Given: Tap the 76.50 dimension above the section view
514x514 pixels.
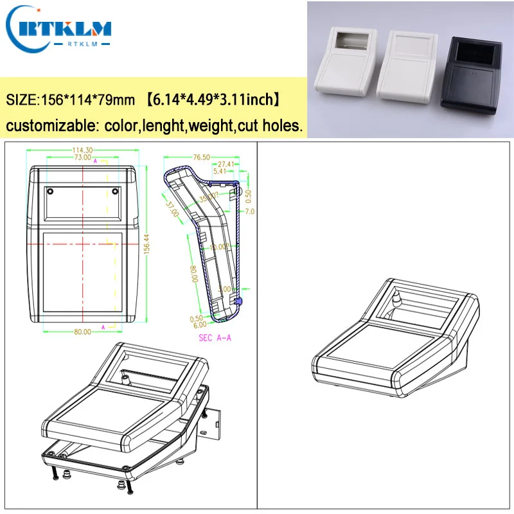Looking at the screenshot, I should pos(202,156).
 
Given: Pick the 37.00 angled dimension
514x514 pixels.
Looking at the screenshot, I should pos(172,208).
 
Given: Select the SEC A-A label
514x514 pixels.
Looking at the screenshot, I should pos(215,337).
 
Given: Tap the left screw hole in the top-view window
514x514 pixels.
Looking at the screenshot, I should pos(49,191).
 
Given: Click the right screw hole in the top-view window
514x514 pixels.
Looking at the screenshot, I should pos(114,191).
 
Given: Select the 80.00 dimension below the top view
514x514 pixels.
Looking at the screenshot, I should pos(83,332).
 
